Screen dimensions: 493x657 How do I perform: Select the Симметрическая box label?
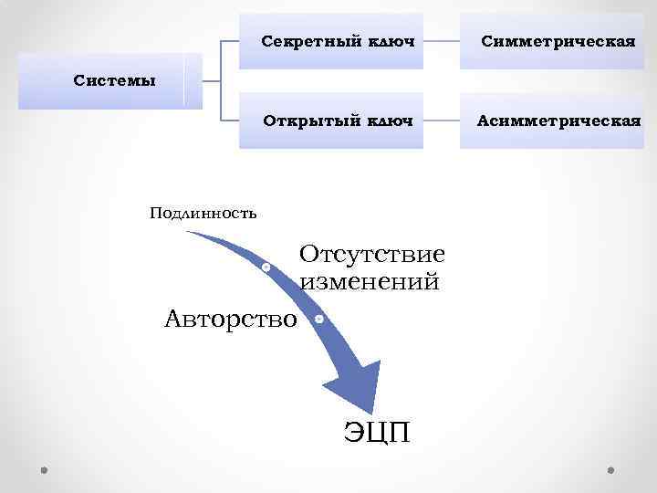[x=558, y=42]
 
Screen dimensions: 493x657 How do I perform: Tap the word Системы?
[x=114, y=79]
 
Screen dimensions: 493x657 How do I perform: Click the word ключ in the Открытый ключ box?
[x=391, y=121]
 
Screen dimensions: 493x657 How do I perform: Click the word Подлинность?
[x=203, y=214]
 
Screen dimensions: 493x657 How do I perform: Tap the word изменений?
[x=370, y=281]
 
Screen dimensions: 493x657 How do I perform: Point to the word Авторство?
[x=231, y=319]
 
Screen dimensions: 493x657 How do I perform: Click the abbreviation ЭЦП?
[x=377, y=430]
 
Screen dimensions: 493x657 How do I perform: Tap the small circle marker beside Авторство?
[x=319, y=320]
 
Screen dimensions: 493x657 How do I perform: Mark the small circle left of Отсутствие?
[x=265, y=267]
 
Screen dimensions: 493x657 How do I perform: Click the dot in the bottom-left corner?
[x=45, y=469]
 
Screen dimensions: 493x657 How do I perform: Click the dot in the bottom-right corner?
[x=610, y=469]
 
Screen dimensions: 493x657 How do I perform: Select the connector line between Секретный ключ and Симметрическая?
[x=442, y=42]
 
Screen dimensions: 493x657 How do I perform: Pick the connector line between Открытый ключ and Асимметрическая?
[x=442, y=121]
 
